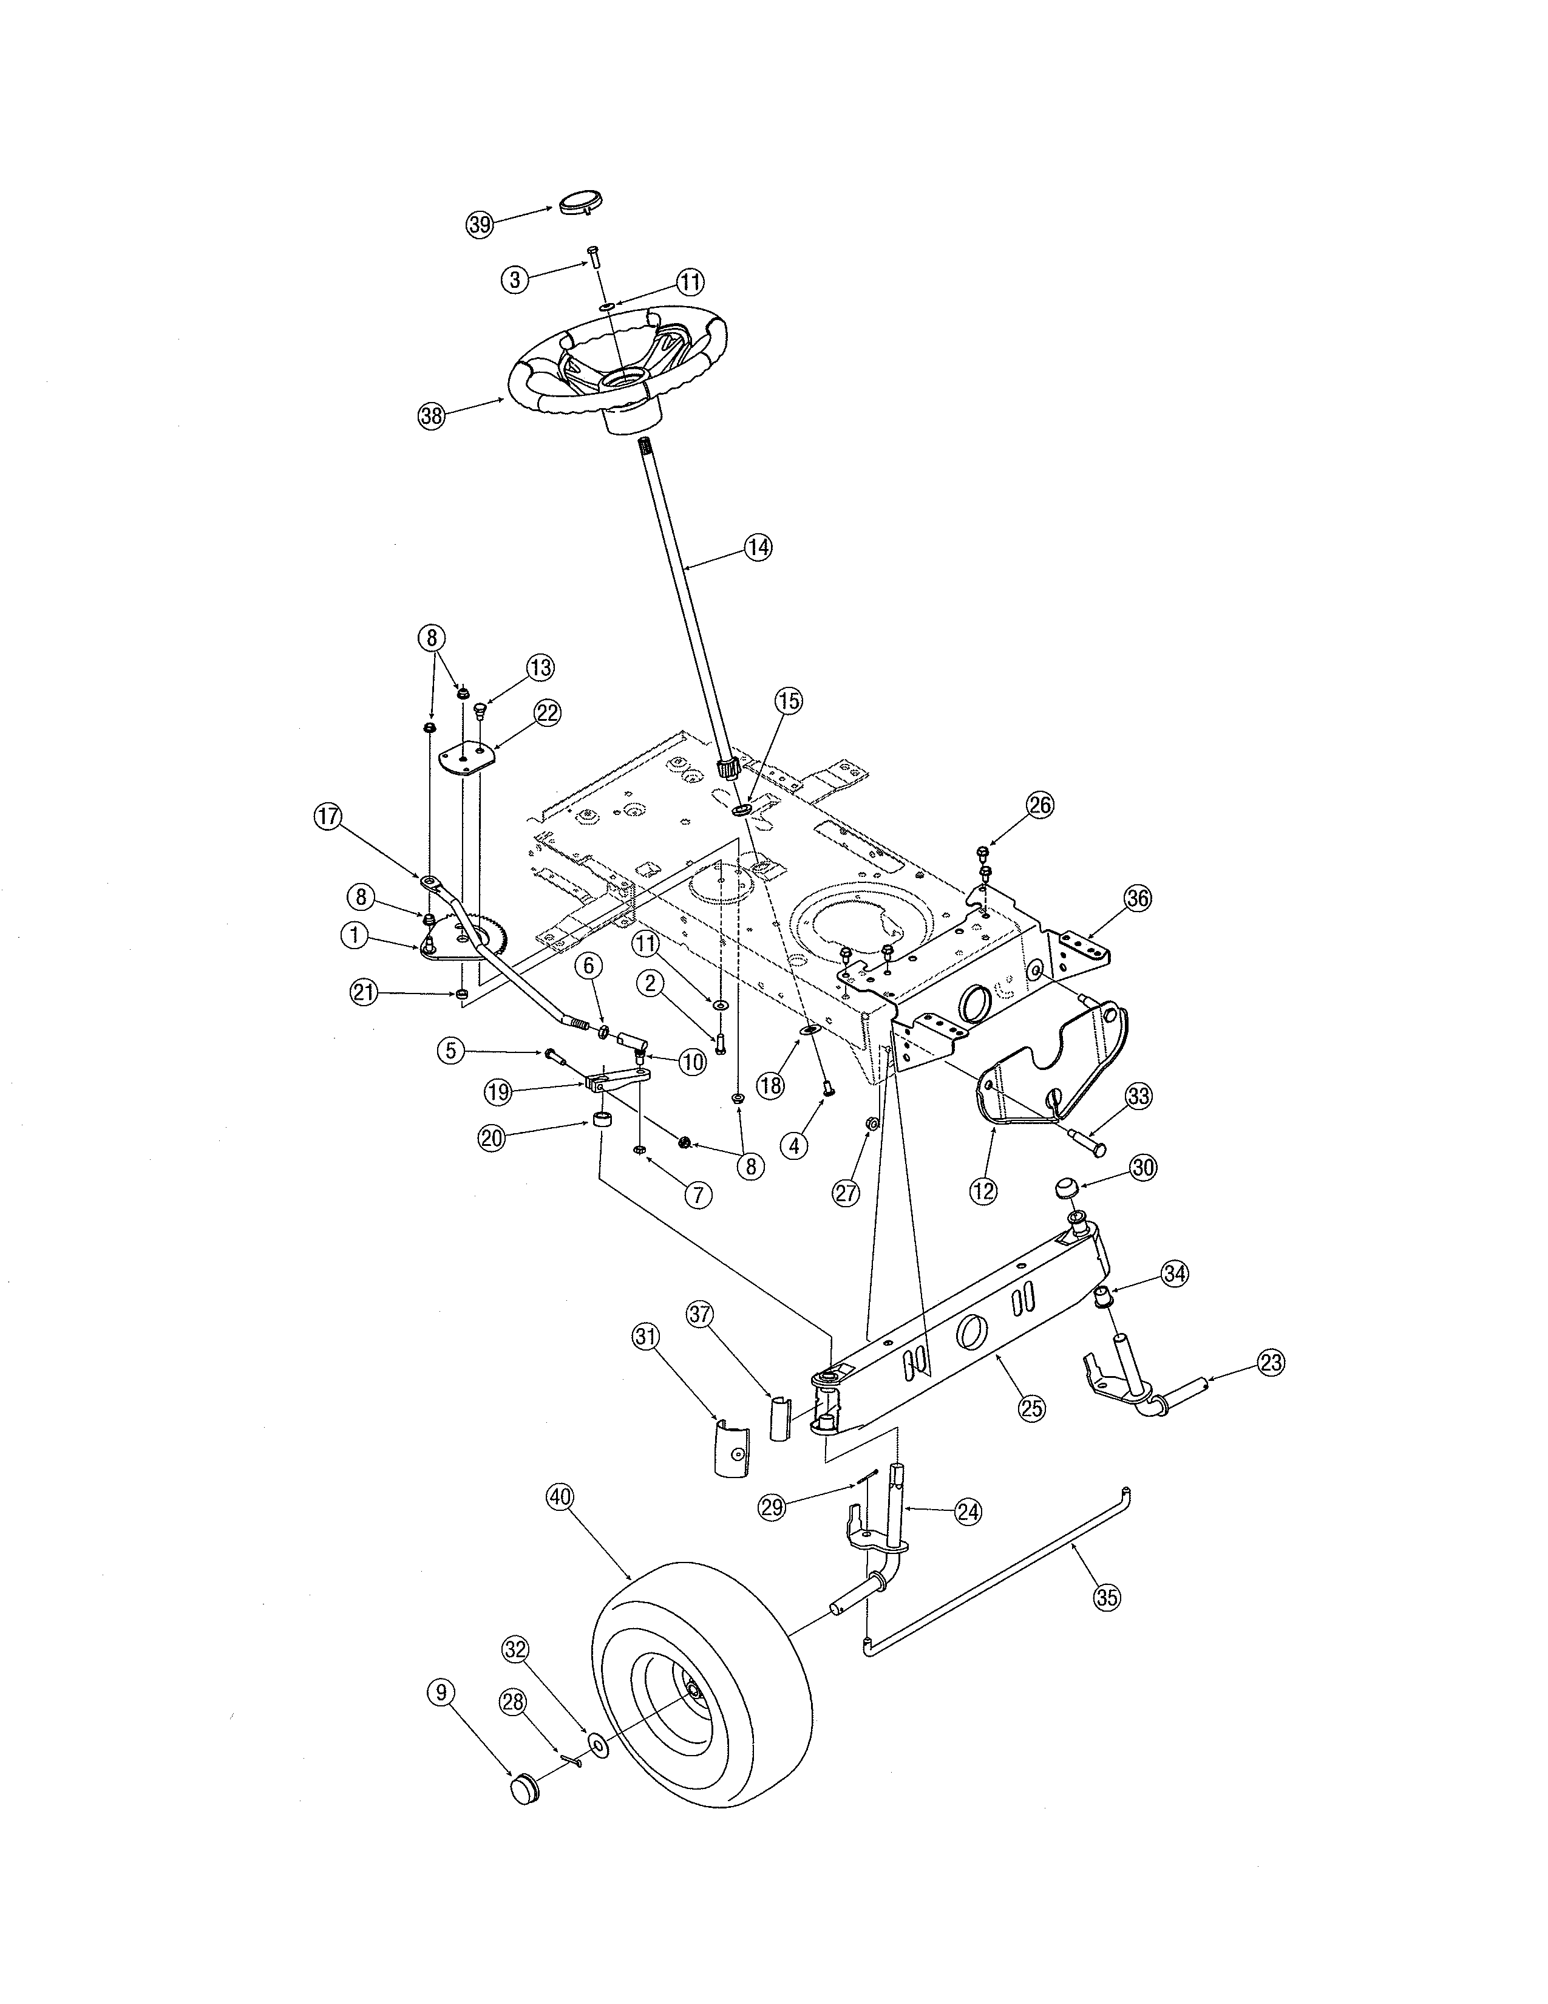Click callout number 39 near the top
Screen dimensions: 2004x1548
tap(480, 224)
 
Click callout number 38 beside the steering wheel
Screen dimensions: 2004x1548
tap(431, 415)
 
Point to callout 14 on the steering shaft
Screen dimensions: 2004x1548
tap(758, 548)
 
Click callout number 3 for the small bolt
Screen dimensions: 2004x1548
tap(515, 279)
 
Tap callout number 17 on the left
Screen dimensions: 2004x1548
tap(327, 817)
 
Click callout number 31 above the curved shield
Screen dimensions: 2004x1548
tap(647, 1337)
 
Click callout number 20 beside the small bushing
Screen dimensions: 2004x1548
tap(492, 1139)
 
